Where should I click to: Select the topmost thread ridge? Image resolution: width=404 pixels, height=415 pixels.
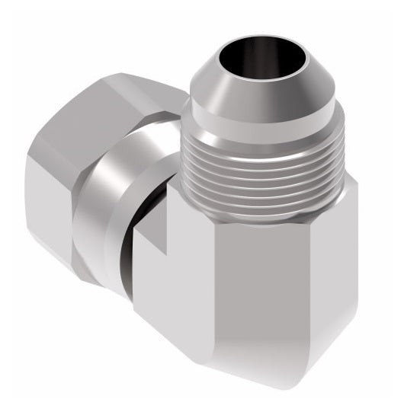pyautogui.click(x=259, y=146)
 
